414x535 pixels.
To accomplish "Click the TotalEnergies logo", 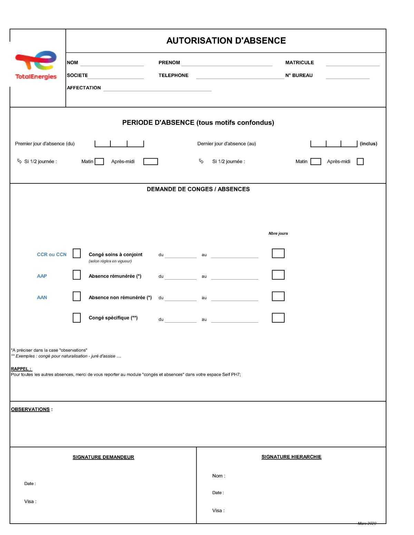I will coord(36,65).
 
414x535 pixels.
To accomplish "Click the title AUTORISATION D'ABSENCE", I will coord(226,41).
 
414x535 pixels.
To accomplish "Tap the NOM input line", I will coord(112,63).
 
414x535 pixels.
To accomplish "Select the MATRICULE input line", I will coord(352,63).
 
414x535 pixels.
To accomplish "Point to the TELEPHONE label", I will coord(173,75).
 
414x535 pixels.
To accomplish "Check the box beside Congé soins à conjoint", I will coord(77,253).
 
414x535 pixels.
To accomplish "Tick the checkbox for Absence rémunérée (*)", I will coord(77,275).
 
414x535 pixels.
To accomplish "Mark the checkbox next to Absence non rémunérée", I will coord(77,296).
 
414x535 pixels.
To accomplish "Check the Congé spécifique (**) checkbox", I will coord(77,318).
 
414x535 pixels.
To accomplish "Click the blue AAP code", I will coord(42,276).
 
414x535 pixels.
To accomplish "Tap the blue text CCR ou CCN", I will coord(52,255).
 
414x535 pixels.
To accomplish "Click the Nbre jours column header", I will coord(278,233).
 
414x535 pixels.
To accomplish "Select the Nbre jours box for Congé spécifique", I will coord(278,318).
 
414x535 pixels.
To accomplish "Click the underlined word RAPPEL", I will coord(21,369).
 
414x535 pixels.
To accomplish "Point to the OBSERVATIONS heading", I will coord(30,410).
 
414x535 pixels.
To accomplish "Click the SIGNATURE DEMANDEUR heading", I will coord(103,457).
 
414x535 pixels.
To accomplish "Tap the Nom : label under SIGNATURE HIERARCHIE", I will coord(218,476).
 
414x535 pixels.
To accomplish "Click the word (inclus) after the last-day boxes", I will coord(368,144).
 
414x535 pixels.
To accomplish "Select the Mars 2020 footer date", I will coord(367,524).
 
